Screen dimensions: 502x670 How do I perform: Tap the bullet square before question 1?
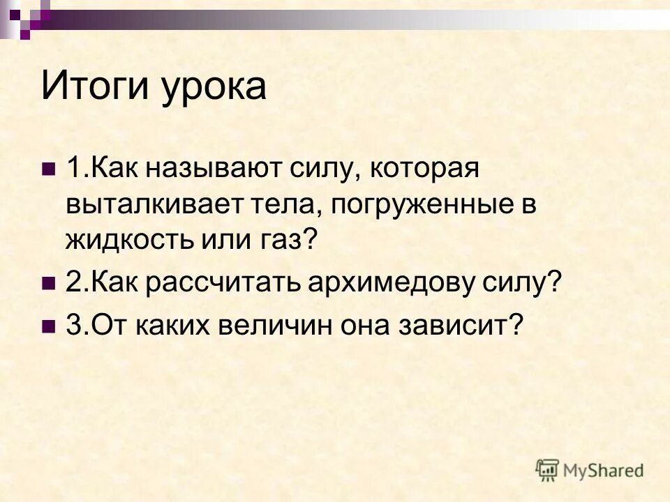(x=49, y=170)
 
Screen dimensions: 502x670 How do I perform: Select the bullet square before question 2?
(x=49, y=283)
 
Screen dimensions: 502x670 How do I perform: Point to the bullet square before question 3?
(x=49, y=325)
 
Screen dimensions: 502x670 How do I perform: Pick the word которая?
(x=424, y=170)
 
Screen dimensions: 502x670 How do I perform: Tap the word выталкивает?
(x=162, y=205)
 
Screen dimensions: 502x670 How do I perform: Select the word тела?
(x=291, y=205)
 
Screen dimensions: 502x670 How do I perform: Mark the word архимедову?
(x=396, y=283)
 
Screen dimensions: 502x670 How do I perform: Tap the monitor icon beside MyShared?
(x=548, y=470)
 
